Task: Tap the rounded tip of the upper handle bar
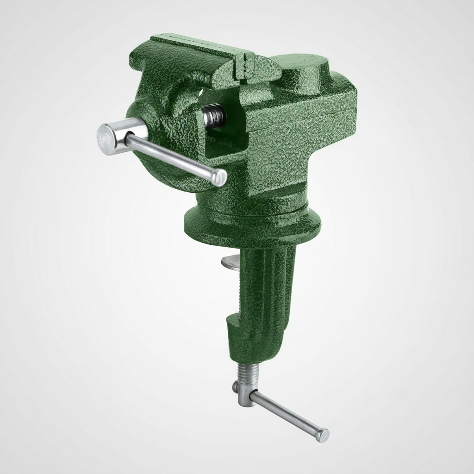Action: (x=220, y=177)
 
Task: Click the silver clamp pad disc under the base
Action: (x=231, y=263)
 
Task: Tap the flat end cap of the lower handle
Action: (x=323, y=435)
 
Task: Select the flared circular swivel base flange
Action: (x=252, y=225)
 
